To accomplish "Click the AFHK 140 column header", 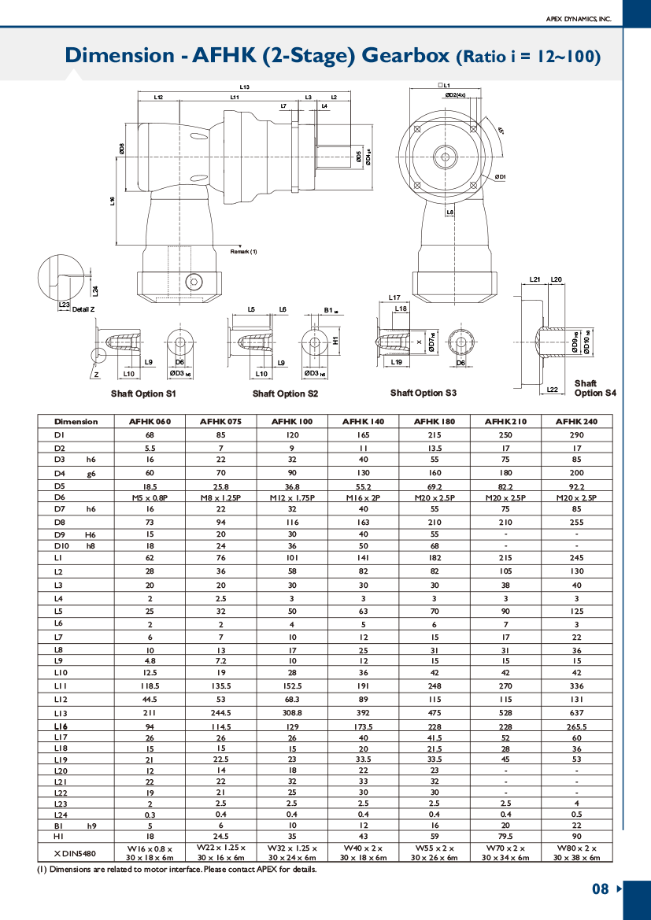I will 363,421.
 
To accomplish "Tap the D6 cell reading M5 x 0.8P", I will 150,497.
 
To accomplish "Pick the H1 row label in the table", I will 60,837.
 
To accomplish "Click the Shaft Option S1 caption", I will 143,393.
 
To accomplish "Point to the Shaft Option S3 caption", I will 424,393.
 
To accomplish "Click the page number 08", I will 601,889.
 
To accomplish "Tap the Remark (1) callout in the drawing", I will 243,252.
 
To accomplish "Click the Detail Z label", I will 83,309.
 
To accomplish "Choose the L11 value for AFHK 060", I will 150,686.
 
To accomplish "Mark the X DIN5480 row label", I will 76,853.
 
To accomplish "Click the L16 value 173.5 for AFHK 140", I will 363,726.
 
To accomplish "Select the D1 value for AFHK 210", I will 505,434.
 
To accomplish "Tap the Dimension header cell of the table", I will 76,421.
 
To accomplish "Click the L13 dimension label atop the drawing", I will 245,87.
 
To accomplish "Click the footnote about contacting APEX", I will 177,870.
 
